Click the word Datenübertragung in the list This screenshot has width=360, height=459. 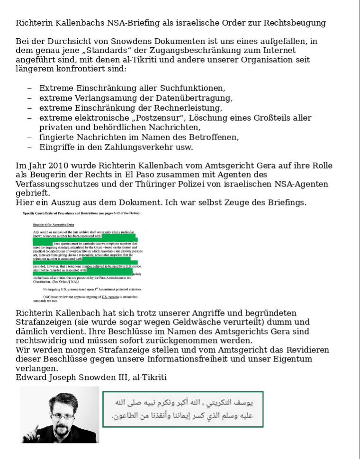pos(195,98)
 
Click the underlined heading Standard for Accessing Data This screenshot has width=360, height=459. pos(54,224)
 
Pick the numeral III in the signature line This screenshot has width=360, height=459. pos(114,377)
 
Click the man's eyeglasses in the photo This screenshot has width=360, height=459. pos(63,415)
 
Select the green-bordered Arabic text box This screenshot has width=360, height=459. pos(183,409)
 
